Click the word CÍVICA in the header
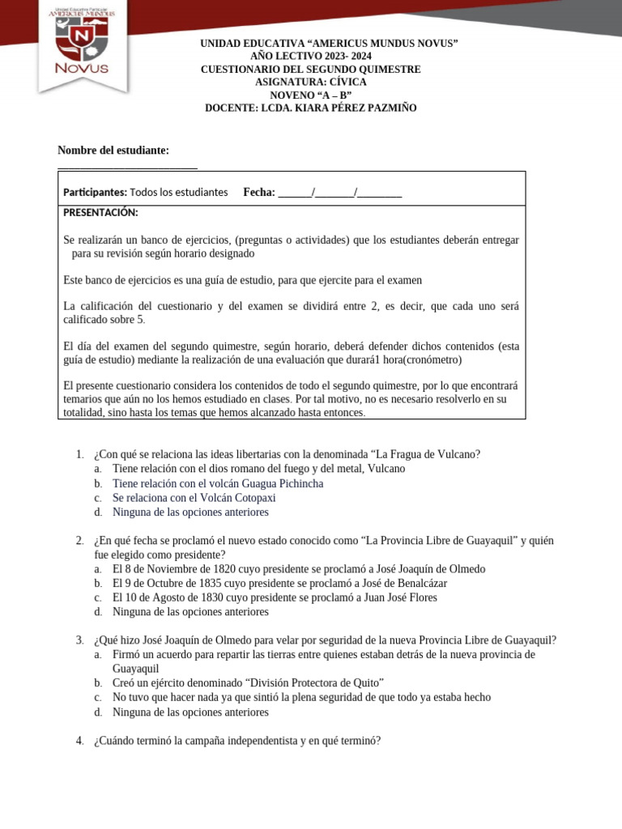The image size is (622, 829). [x=347, y=83]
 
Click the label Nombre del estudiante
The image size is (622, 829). [x=113, y=151]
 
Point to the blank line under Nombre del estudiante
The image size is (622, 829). [x=127, y=168]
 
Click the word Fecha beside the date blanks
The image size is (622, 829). [x=258, y=193]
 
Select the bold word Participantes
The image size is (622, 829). [x=95, y=193]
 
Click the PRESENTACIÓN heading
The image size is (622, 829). [x=100, y=213]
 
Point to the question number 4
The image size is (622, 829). [x=79, y=741]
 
